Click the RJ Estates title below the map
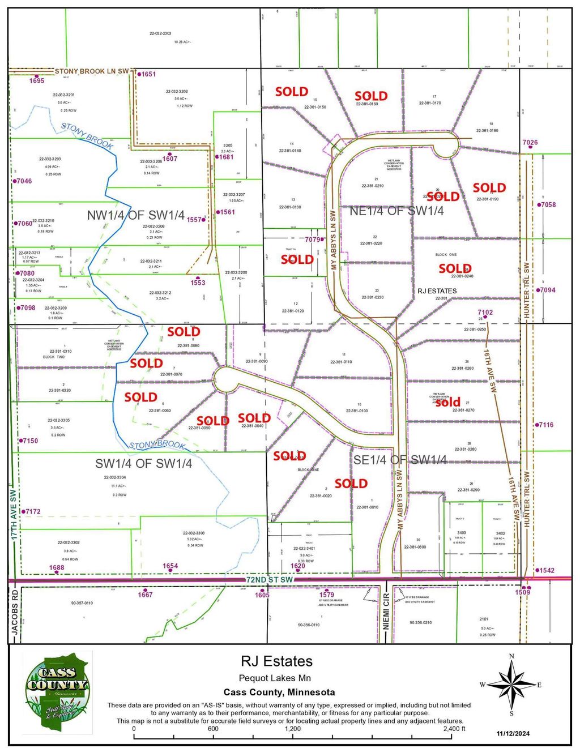coord(276,661)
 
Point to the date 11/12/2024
coord(513,734)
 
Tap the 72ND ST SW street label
coord(270,580)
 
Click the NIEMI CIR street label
coord(387,615)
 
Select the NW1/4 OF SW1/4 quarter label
coord(135,216)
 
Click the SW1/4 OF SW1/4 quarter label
coord(143,464)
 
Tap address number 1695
coord(37,81)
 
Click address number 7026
coord(530,143)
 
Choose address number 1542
coord(547,571)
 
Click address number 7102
coord(485,313)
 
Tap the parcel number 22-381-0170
coord(430,103)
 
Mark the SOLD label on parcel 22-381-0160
coord(371,96)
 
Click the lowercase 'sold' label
coord(447,403)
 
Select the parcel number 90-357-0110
coord(82,604)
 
